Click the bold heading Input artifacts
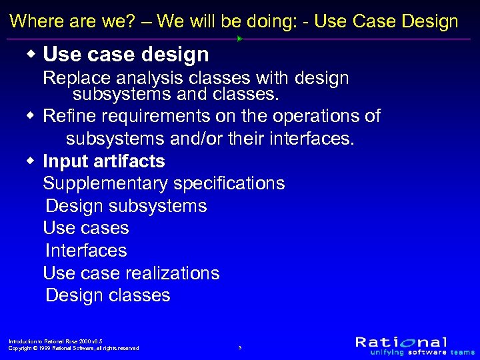[x=104, y=161]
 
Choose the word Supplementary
[x=105, y=184]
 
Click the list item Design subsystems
[x=126, y=207]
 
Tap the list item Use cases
[x=86, y=229]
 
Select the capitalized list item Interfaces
[x=86, y=251]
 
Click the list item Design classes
[x=108, y=295]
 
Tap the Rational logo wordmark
[x=401, y=341]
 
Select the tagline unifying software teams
[x=415, y=352]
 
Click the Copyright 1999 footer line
[x=73, y=348]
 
